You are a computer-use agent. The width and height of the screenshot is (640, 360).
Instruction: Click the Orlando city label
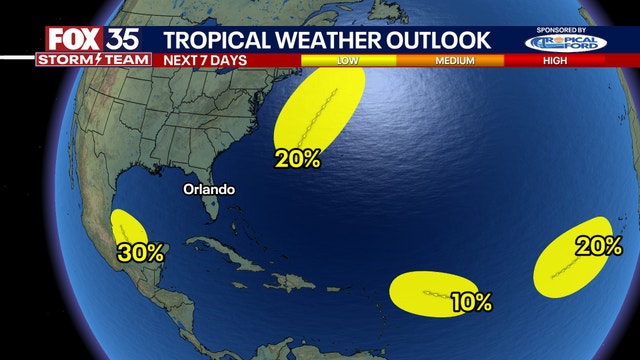coord(208,189)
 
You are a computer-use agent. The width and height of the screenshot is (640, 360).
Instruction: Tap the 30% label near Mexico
coord(141,253)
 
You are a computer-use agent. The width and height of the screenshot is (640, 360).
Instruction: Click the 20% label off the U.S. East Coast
coord(299,158)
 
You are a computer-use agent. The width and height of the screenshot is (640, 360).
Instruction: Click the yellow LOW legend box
coord(349,60)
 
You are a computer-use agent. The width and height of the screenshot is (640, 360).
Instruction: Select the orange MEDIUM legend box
coord(454,60)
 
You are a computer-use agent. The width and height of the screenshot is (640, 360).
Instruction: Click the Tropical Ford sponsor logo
coord(565,44)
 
